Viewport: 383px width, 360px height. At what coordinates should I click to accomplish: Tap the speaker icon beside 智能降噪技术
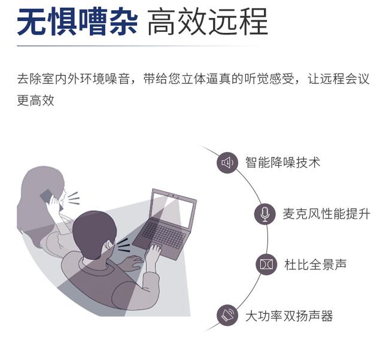(227, 162)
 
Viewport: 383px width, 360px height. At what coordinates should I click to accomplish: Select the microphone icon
(265, 214)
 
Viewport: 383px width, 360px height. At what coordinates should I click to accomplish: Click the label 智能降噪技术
(282, 162)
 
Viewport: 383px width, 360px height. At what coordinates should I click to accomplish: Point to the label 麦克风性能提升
(326, 214)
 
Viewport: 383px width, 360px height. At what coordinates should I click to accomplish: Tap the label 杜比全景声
(315, 264)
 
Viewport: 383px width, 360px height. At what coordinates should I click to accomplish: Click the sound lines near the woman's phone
(72, 198)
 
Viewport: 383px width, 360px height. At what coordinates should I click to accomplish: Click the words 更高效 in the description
(36, 101)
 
